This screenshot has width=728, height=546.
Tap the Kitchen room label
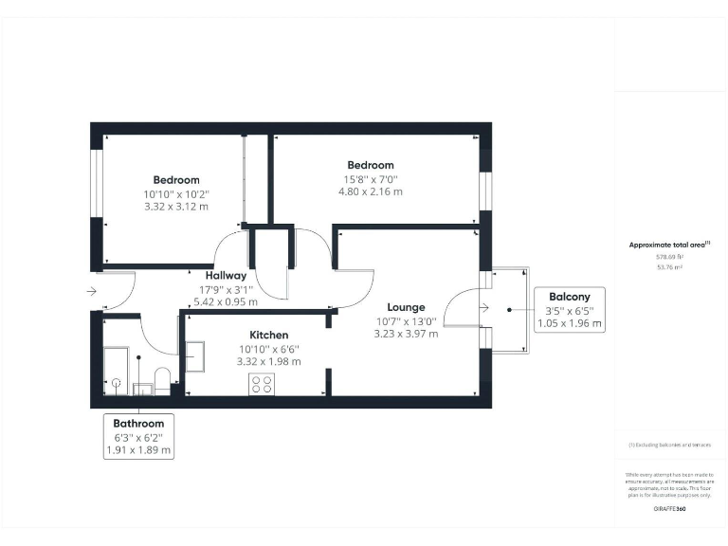269,335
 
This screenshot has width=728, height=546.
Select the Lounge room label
406,307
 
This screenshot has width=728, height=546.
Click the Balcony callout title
569,296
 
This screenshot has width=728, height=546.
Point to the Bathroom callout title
138,424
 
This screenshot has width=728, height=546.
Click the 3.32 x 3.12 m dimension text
176,207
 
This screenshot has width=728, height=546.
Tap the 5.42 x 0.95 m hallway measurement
226,301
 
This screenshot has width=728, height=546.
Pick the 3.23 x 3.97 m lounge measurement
406,334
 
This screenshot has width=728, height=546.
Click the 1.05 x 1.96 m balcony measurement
569,322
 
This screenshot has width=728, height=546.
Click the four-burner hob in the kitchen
261,384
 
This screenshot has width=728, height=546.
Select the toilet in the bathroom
162,381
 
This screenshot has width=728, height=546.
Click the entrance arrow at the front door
90,291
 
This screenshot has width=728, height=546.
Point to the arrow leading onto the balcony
485,306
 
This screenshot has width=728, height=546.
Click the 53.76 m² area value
669,267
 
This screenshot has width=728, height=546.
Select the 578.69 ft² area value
669,256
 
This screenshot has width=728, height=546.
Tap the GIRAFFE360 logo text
669,509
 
